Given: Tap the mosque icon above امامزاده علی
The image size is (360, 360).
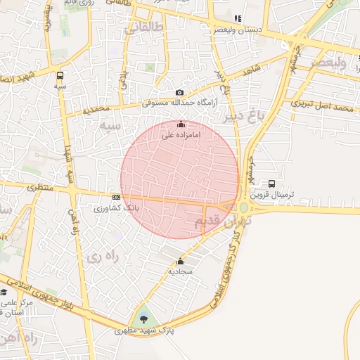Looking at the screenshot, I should (181, 124).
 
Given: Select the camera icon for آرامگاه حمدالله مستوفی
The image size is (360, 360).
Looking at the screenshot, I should (179, 93).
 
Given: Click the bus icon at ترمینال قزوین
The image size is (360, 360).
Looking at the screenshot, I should (272, 184).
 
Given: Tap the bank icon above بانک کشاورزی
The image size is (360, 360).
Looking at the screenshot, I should (116, 198).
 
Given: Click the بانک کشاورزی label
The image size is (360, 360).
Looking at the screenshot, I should (117, 208).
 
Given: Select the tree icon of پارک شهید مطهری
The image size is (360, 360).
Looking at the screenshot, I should (145, 319).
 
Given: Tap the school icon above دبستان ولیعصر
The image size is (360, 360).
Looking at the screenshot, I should (237, 19).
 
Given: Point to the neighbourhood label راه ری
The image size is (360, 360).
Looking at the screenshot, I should (103, 257).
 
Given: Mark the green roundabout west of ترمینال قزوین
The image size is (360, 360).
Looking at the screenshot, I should (244, 207).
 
